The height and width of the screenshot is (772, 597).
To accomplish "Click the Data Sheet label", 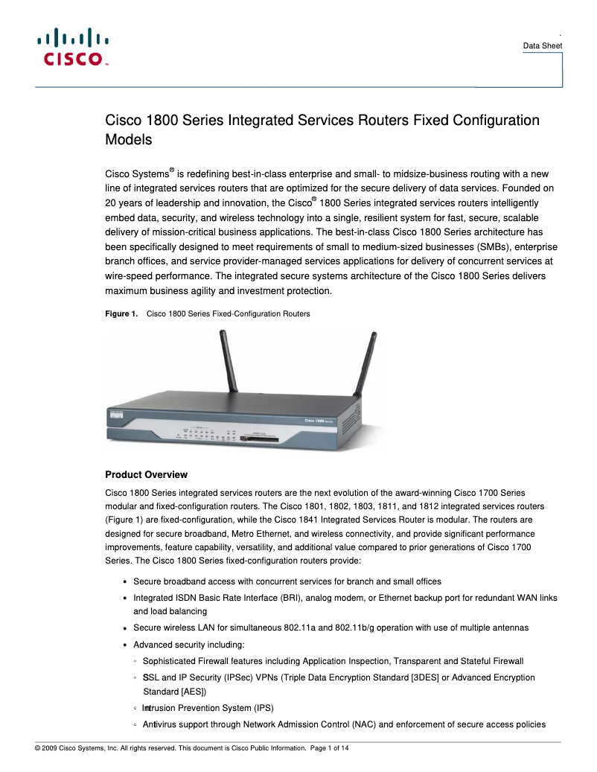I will tap(542, 46).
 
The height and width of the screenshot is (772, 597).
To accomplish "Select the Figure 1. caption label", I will tap(121, 314).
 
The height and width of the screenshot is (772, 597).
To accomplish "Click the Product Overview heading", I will tap(146, 475).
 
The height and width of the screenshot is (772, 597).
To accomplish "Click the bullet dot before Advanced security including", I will tap(124, 645).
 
